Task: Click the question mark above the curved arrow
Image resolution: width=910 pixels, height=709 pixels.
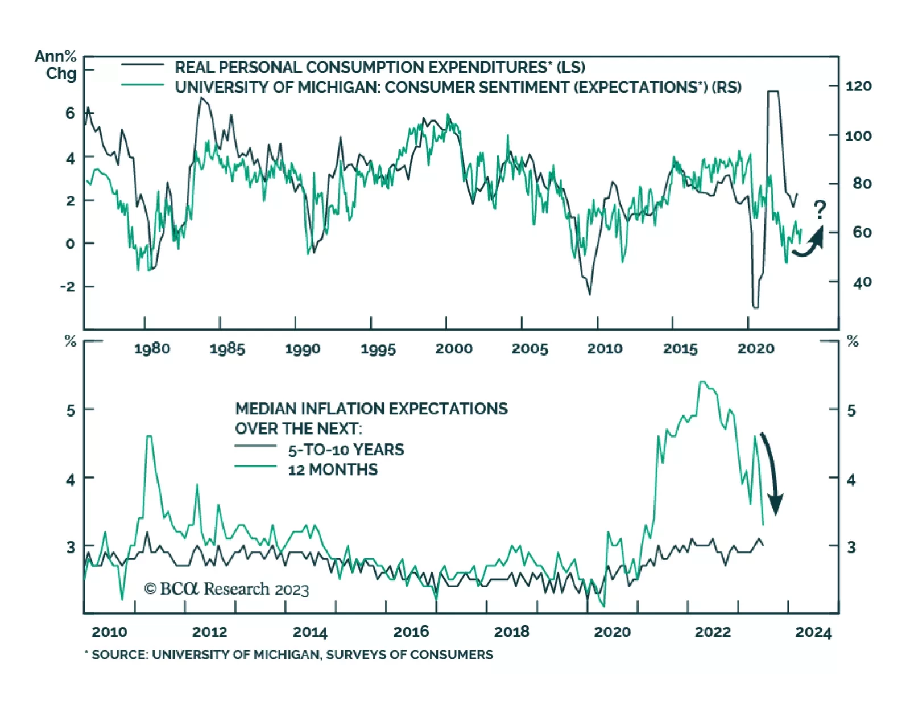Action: pyautogui.click(x=819, y=209)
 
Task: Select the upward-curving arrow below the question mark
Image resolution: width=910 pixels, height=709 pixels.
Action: pyautogui.click(x=809, y=243)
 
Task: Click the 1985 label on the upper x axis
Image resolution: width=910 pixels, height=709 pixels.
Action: pyautogui.click(x=227, y=349)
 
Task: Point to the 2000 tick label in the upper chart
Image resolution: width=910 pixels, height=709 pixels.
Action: pyautogui.click(x=454, y=349)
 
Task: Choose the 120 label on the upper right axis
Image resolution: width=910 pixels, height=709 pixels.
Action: pyautogui.click(x=858, y=86)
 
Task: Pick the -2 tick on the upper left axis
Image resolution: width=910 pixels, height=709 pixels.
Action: pyautogui.click(x=68, y=286)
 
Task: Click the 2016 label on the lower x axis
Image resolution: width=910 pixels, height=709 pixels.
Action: pyautogui.click(x=411, y=632)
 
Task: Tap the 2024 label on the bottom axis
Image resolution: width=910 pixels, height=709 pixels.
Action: pyautogui.click(x=813, y=632)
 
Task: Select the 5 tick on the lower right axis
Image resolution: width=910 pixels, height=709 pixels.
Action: pyautogui.click(x=851, y=410)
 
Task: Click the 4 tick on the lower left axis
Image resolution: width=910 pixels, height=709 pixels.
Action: pyautogui.click(x=71, y=480)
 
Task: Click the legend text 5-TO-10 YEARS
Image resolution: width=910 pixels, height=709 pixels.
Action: pyautogui.click(x=346, y=450)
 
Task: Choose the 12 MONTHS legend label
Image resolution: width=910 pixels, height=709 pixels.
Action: pyautogui.click(x=333, y=470)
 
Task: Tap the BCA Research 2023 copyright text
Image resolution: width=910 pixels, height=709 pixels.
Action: pyautogui.click(x=226, y=589)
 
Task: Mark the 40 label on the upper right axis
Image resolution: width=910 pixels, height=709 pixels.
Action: pyautogui.click(x=862, y=282)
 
